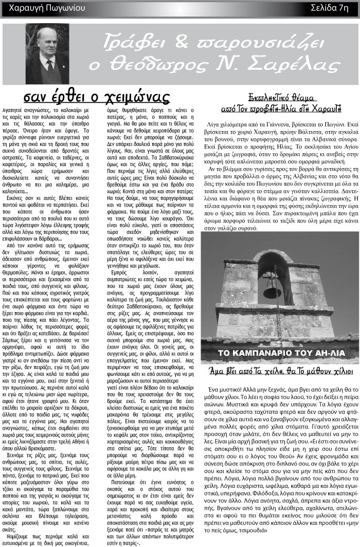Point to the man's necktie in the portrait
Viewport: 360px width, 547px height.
49,64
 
